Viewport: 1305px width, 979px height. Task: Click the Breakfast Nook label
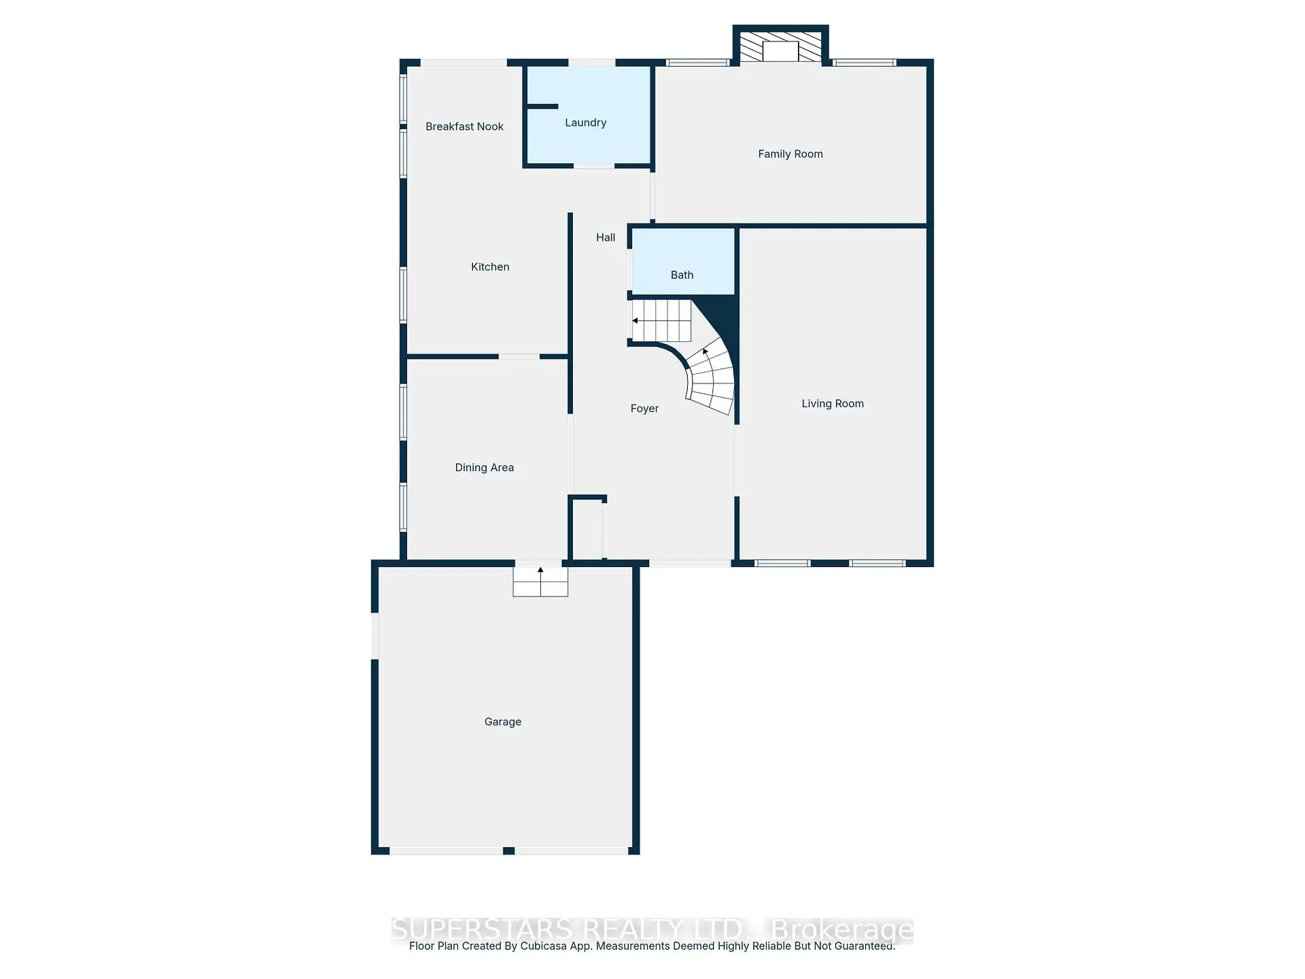point(464,126)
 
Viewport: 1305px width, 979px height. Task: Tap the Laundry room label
point(585,122)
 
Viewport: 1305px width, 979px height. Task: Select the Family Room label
point(790,154)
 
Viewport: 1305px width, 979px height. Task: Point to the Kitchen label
point(490,267)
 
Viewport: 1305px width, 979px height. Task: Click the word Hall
point(606,237)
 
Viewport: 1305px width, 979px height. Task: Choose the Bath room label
point(682,275)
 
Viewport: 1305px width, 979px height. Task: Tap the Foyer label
point(644,409)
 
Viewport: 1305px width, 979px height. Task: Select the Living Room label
point(832,403)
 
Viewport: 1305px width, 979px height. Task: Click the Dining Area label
point(484,467)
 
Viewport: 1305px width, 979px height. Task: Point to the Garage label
point(502,721)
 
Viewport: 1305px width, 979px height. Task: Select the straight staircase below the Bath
point(661,320)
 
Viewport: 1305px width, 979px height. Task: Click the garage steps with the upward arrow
point(540,582)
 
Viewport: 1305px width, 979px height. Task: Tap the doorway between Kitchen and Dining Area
point(519,356)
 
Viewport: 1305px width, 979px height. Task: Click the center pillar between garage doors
point(508,851)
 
